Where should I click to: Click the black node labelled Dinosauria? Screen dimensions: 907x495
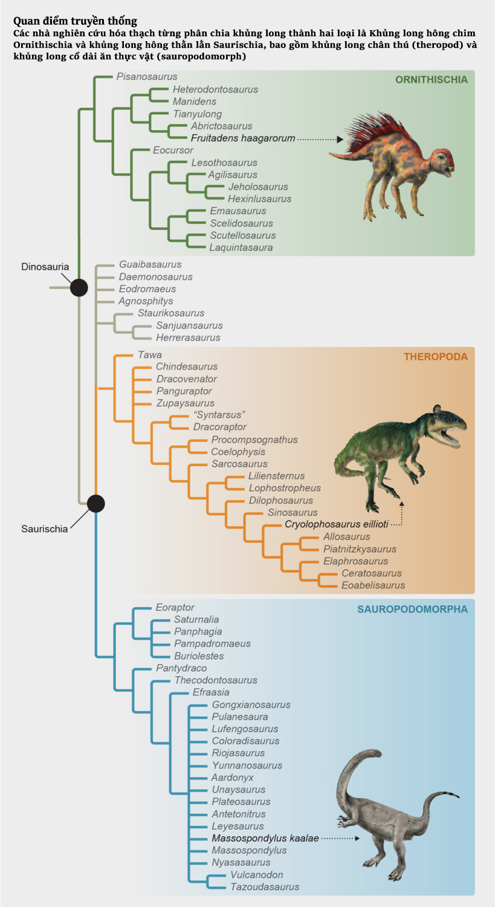(79, 288)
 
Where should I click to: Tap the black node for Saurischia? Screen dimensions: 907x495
(95, 503)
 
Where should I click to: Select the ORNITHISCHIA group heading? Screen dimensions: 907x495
(431, 80)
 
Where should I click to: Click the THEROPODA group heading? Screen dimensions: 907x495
(435, 357)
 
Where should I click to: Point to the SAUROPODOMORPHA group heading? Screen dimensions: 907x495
(412, 609)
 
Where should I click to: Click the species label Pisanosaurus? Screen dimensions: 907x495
(147, 77)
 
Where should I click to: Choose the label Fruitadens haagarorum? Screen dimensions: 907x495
(243, 138)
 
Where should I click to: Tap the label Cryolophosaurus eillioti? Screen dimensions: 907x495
(336, 524)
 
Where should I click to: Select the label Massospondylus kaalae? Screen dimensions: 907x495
(265, 839)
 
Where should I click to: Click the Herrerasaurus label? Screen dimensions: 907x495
(188, 337)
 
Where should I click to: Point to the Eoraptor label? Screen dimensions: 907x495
(175, 607)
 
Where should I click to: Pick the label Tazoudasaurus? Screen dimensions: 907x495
(265, 887)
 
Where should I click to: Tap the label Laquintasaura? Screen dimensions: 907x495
(241, 247)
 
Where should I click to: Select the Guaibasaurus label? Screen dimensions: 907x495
(150, 264)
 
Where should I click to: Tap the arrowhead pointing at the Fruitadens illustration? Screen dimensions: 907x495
(340, 139)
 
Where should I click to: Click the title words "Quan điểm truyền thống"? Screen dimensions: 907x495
(75, 21)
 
